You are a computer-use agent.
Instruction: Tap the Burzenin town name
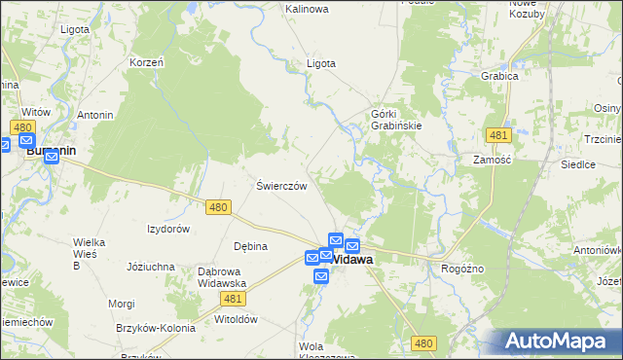53,152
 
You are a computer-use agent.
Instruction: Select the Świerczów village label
281,186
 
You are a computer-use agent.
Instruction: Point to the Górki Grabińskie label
395,120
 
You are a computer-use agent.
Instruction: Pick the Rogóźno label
463,268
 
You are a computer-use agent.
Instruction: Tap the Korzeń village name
147,62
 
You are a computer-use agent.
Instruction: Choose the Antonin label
95,115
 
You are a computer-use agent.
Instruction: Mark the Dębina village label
250,246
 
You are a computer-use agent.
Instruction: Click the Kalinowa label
307,9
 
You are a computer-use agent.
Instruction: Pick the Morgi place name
122,304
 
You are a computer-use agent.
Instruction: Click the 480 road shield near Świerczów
218,206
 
